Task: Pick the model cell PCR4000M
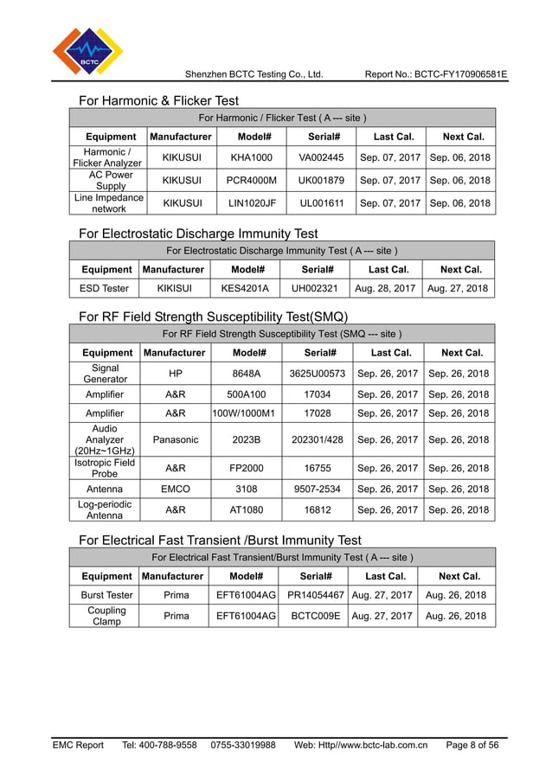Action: pyautogui.click(x=251, y=180)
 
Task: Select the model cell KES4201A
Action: pyautogui.click(x=245, y=288)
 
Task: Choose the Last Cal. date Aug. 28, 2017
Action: pyautogui.click(x=383, y=288)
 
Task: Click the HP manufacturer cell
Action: pyautogui.click(x=176, y=373)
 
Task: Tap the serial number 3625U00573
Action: pyautogui.click(x=318, y=373)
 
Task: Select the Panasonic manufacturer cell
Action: pyautogui.click(x=176, y=439)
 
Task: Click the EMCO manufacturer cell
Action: pyautogui.click(x=176, y=489)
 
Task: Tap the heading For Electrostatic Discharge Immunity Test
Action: pyautogui.click(x=198, y=234)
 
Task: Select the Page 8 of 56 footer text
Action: pyautogui.click(x=472, y=745)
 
